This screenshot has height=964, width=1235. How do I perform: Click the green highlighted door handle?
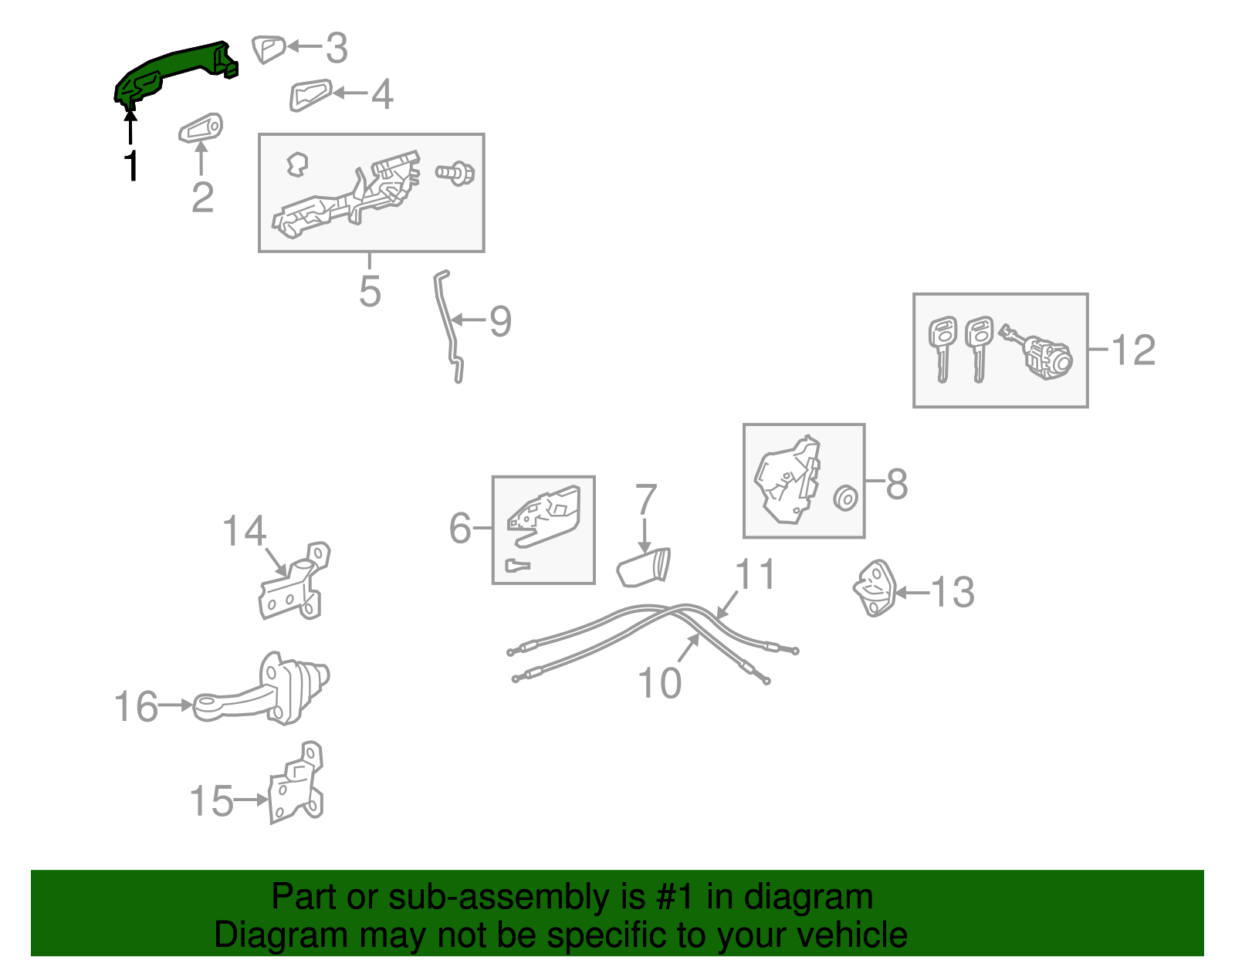pyautogui.click(x=171, y=71)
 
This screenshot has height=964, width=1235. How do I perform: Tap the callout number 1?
pyautogui.click(x=131, y=165)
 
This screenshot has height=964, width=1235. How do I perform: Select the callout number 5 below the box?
pyautogui.click(x=370, y=292)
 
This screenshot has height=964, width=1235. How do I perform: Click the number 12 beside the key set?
pyautogui.click(x=1133, y=350)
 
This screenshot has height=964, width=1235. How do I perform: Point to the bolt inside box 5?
pyautogui.click(x=455, y=173)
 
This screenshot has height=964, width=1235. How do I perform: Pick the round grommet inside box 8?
pyautogui.click(x=846, y=498)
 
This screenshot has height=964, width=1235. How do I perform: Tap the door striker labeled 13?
pyautogui.click(x=874, y=588)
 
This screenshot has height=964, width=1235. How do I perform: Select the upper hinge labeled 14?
pyautogui.click(x=295, y=581)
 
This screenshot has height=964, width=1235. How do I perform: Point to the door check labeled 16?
pyautogui.click(x=262, y=688)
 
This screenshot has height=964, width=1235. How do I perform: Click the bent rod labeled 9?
pyautogui.click(x=449, y=326)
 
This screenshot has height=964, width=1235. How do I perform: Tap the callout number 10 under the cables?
pyautogui.click(x=659, y=682)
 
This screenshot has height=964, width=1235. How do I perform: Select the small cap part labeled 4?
pyautogui.click(x=310, y=95)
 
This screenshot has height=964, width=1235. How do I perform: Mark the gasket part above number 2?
pyautogui.click(x=201, y=128)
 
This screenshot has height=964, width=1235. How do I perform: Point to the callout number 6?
pyautogui.click(x=460, y=528)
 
